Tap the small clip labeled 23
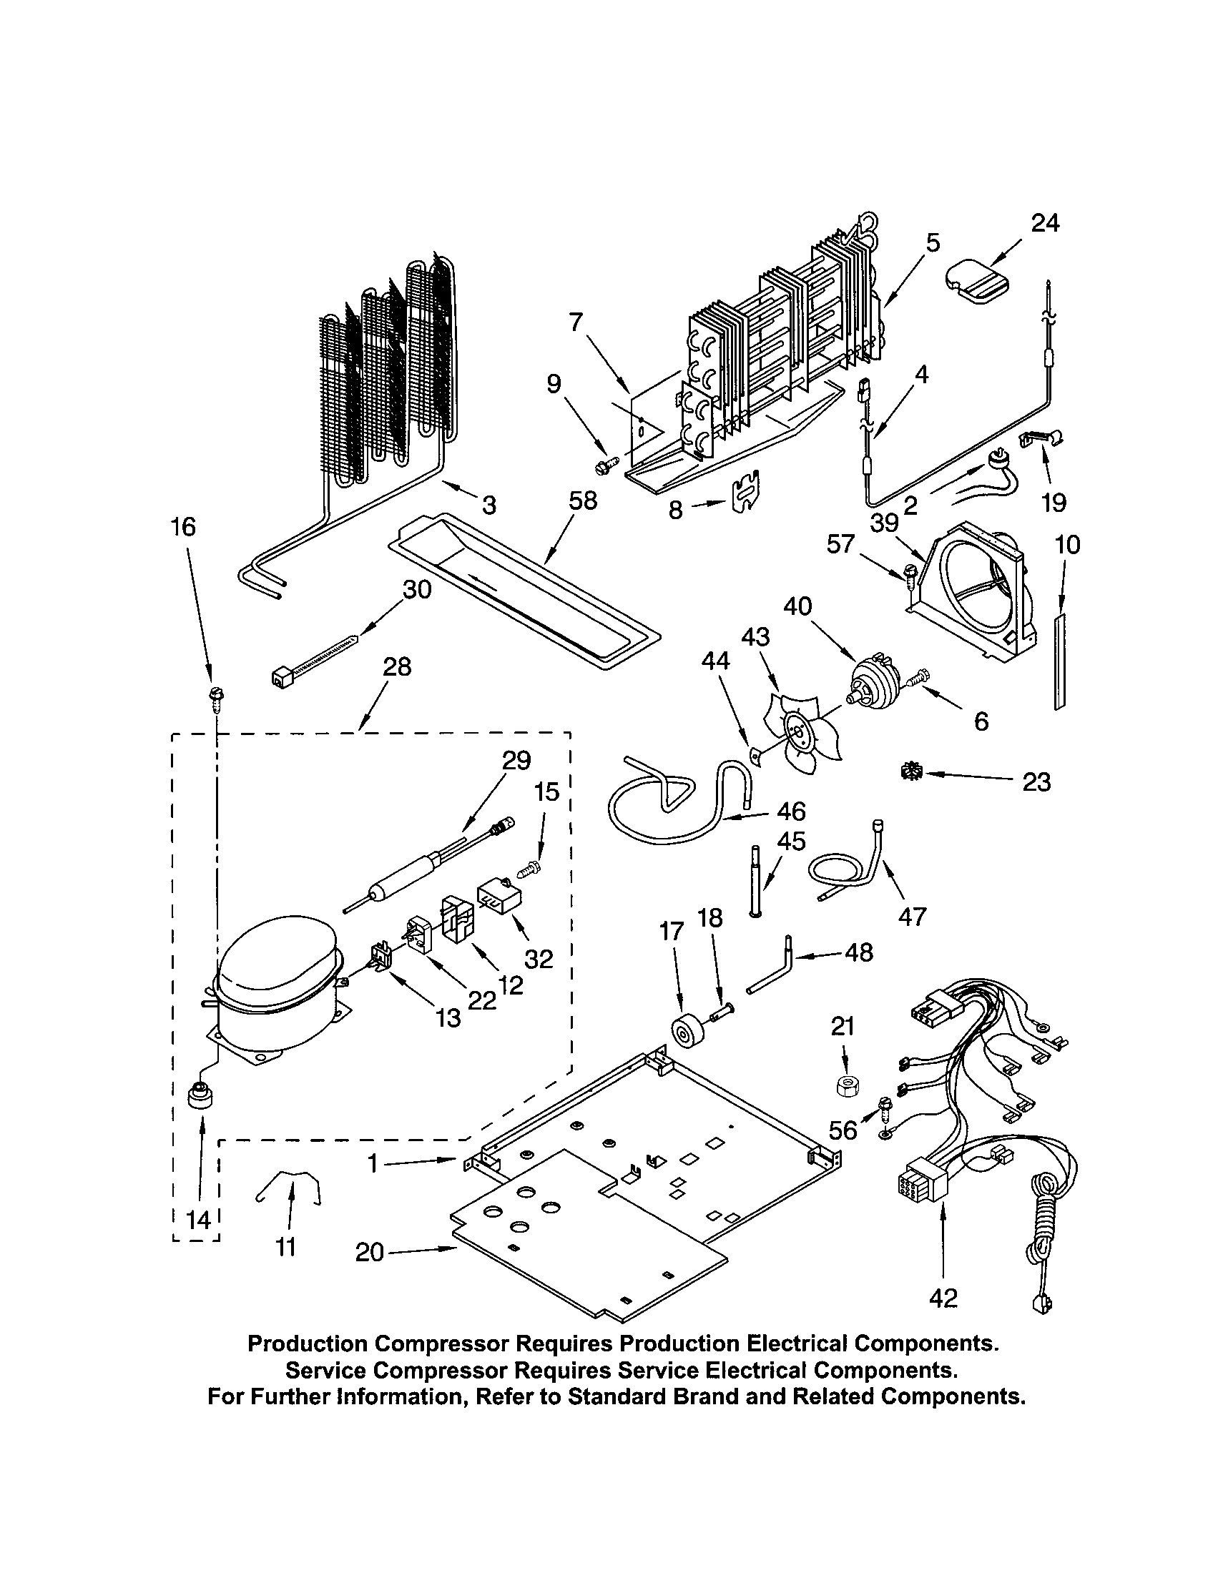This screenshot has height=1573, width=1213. pos(909,771)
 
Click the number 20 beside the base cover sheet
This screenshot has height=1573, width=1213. pos(370,1252)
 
